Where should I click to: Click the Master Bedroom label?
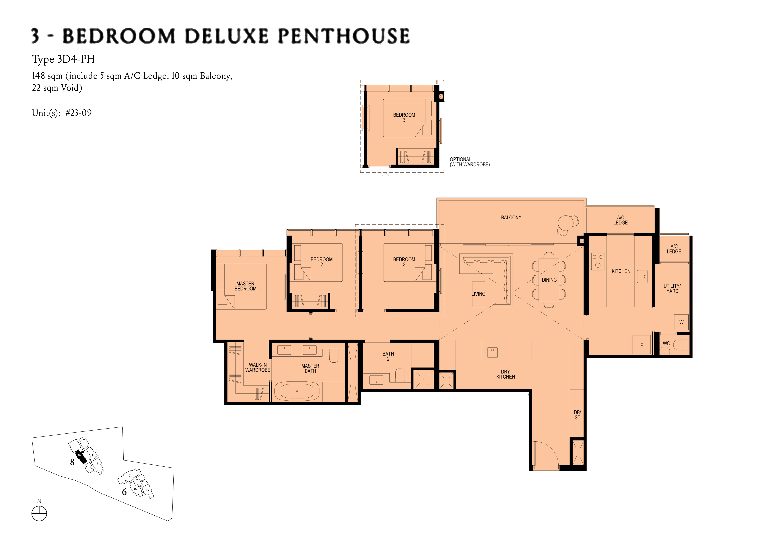[245, 286]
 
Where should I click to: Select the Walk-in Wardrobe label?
[258, 367]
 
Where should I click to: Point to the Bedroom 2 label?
[321, 262]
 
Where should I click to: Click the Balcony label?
[511, 218]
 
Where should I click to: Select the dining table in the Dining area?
[549, 280]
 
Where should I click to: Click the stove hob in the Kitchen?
[598, 261]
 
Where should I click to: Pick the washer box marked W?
[681, 322]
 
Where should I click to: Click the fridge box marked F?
[641, 345]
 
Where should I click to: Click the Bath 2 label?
[388, 356]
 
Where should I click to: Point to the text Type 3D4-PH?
[63, 60]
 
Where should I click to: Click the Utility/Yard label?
[672, 288]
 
